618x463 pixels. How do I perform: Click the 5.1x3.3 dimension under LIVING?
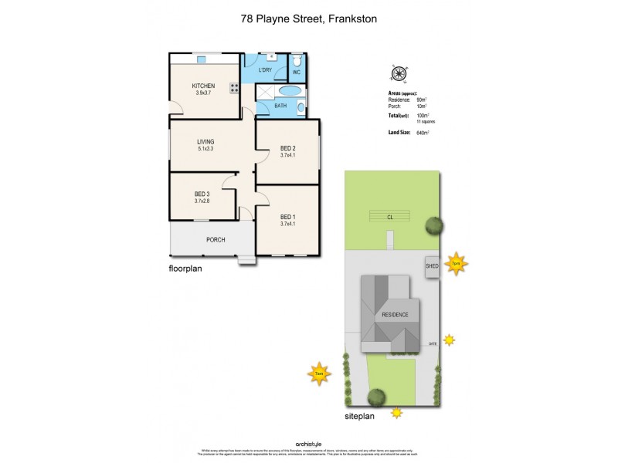pyautogui.click(x=205, y=149)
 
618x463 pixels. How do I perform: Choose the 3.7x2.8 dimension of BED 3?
pyautogui.click(x=202, y=201)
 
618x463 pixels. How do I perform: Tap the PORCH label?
pyautogui.click(x=216, y=240)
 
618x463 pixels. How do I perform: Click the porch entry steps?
pyautogui.click(x=246, y=259)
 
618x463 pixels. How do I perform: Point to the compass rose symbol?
pyautogui.click(x=399, y=74)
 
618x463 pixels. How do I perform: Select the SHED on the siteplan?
pyautogui.click(x=432, y=266)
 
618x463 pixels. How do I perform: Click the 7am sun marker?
pyautogui.click(x=318, y=374)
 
